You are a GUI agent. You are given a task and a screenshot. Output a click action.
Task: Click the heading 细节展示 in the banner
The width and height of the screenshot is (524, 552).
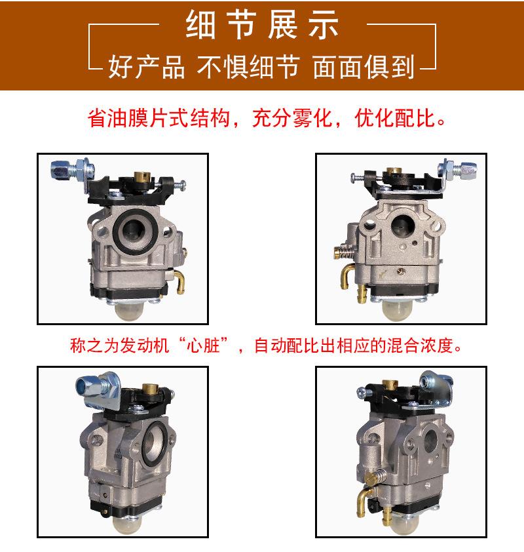pos(262,26)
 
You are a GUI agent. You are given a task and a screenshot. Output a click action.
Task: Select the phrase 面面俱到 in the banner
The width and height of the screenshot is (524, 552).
pos(364,67)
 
